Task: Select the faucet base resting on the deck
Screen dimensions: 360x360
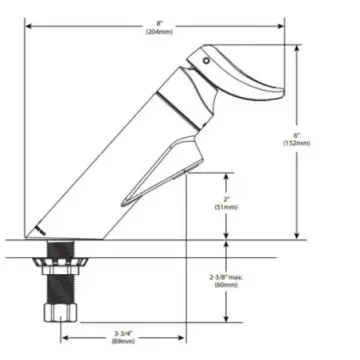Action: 50,232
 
